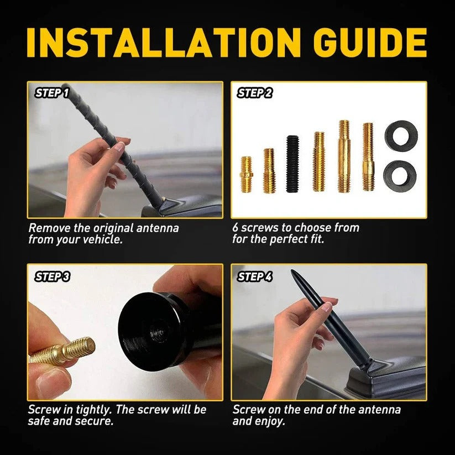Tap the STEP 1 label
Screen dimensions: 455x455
52,93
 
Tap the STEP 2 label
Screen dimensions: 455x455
255,93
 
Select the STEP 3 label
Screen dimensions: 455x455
52,276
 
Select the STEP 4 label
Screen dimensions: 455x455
255,276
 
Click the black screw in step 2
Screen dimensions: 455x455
292,164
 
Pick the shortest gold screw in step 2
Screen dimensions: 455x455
246,174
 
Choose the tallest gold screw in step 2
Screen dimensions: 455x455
344,156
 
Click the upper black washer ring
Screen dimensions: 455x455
400,136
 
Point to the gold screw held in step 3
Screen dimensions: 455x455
64,351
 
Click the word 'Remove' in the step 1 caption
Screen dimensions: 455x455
49,228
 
